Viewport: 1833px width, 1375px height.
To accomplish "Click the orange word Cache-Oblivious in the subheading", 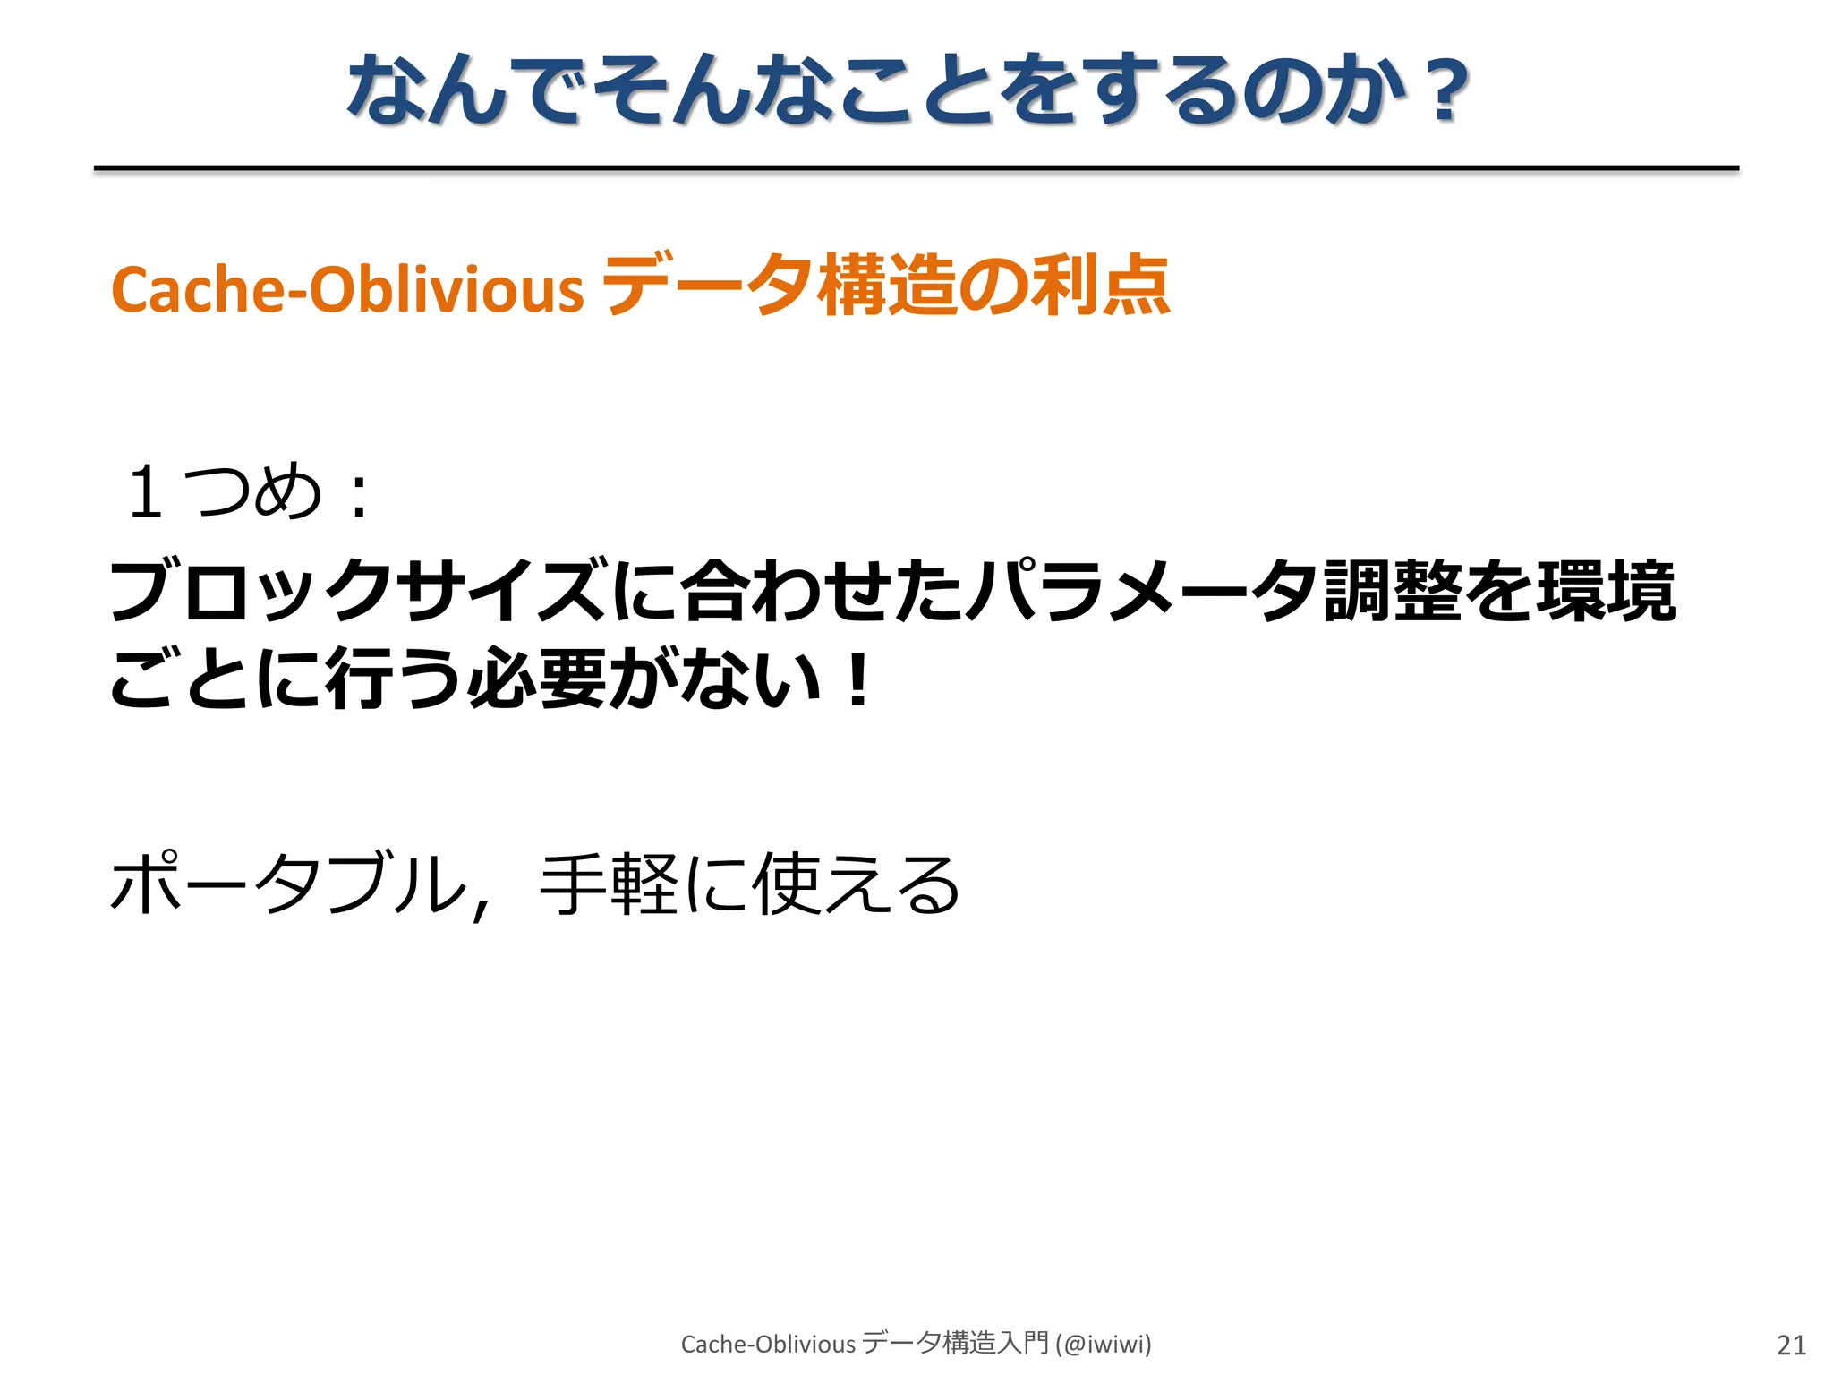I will pyautogui.click(x=347, y=290).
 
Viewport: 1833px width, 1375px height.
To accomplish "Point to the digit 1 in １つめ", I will pyautogui.click(x=146, y=492).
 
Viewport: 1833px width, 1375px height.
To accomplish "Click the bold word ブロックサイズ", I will pyautogui.click(x=358, y=591).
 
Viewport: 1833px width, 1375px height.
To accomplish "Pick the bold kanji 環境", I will pyautogui.click(x=1606, y=591).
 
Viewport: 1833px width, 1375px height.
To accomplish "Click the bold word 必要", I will pyautogui.click(x=538, y=679).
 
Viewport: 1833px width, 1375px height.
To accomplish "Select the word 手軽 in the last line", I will pyautogui.click(x=610, y=884).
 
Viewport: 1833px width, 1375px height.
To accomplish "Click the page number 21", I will pyautogui.click(x=1791, y=1345).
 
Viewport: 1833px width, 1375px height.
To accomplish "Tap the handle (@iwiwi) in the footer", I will pyautogui.click(x=1103, y=1344).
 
